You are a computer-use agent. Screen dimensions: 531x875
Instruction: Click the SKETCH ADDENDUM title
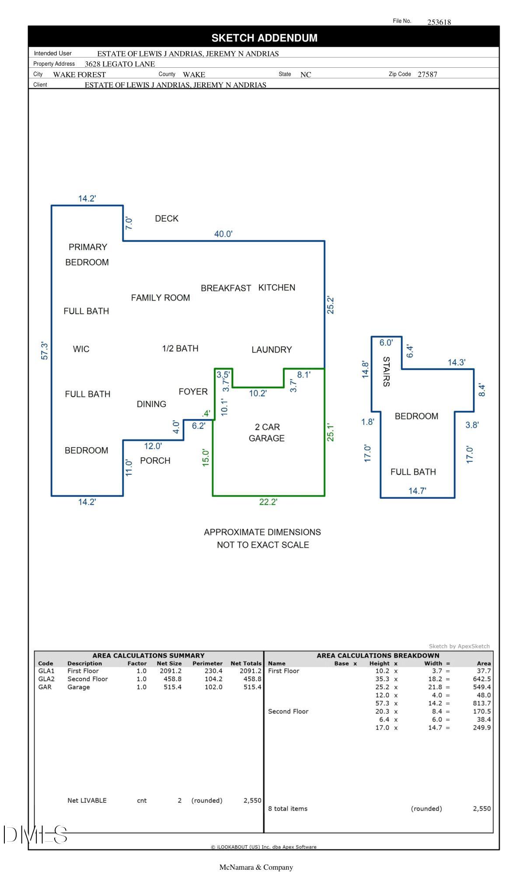(264, 38)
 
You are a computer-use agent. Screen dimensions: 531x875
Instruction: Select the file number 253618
(439, 22)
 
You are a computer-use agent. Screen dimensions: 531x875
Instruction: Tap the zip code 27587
(427, 74)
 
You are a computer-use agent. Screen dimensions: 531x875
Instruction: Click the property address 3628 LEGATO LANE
(120, 64)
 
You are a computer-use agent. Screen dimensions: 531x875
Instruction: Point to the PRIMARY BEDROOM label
(87, 255)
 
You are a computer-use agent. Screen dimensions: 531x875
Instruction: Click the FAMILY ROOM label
(161, 298)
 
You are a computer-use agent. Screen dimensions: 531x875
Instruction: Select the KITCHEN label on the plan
(277, 287)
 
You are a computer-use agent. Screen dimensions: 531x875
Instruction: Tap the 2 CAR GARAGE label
(267, 433)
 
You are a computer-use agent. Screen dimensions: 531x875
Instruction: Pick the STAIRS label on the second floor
(386, 371)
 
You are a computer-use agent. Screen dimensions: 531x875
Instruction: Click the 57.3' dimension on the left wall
(45, 351)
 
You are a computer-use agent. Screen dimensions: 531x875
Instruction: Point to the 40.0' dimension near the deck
(224, 234)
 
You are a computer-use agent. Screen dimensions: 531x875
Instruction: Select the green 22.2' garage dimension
(268, 502)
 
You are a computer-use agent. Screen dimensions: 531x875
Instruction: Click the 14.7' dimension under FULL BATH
(417, 491)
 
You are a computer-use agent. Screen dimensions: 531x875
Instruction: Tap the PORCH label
(155, 461)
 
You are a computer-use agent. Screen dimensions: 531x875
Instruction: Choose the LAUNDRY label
(272, 350)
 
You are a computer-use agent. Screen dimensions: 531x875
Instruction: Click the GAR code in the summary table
(45, 687)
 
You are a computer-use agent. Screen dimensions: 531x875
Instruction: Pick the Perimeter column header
(207, 664)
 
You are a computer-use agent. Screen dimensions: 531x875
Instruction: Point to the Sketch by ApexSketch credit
(459, 646)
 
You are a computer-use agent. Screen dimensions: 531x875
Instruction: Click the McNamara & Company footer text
(256, 867)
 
